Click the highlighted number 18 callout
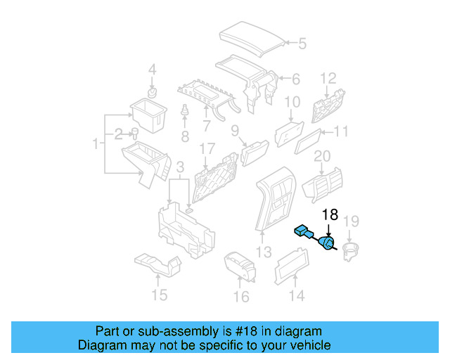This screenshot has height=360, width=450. click(x=330, y=215)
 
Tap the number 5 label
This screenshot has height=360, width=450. click(x=302, y=44)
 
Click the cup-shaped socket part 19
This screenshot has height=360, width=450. click(x=349, y=251)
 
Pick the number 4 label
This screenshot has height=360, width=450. click(x=151, y=70)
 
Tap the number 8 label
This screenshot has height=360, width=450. click(x=185, y=136)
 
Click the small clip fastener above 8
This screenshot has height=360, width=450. click(x=185, y=112)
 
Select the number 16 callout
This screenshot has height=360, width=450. click(x=240, y=297)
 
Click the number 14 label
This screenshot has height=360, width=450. click(x=297, y=296)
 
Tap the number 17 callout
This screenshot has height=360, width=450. click(x=206, y=149)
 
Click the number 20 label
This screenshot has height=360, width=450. click(x=322, y=155)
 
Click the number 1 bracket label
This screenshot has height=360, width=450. click(x=95, y=144)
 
